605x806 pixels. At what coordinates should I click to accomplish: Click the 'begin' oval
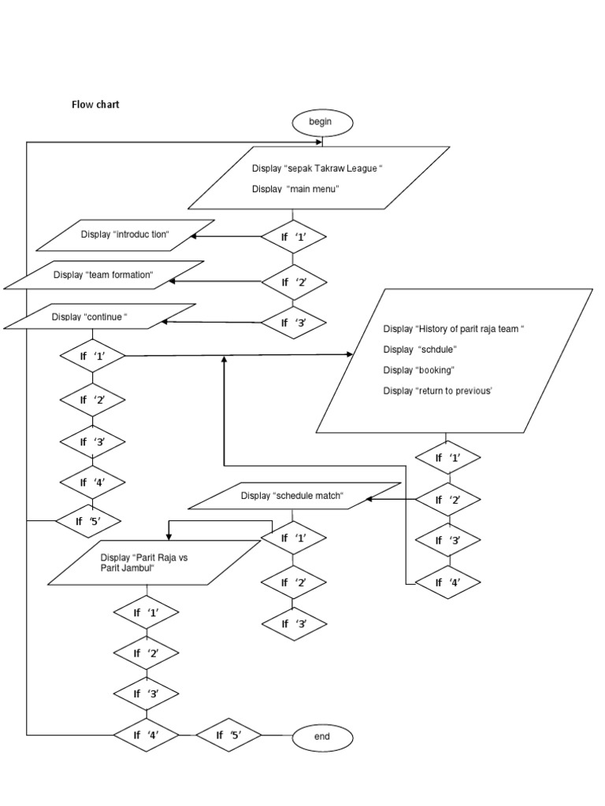tap(322, 122)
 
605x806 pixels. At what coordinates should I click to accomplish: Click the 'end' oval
tap(322, 737)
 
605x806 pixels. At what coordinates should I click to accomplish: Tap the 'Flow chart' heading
tap(95, 104)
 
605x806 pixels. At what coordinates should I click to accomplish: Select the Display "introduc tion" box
tap(125, 235)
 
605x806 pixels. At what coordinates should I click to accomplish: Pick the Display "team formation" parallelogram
tap(103, 275)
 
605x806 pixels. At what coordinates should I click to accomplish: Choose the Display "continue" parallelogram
tap(99, 317)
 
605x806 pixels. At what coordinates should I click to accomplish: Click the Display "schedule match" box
tap(293, 496)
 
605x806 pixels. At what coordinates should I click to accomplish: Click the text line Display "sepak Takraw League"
tap(317, 168)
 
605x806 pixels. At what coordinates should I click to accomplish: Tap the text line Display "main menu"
tap(295, 189)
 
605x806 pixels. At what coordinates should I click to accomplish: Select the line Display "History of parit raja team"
tap(454, 328)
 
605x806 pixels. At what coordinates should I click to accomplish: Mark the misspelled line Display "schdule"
tap(420, 349)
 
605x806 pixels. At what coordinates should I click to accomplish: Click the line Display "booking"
tap(419, 370)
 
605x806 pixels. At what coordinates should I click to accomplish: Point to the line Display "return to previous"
tap(437, 390)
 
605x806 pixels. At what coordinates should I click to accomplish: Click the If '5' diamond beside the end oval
tap(228, 735)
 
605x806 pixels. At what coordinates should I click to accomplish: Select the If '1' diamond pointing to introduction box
tap(293, 237)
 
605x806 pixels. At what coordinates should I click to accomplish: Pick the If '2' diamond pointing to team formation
tap(293, 280)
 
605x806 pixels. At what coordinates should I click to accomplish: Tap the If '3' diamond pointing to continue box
tap(293, 322)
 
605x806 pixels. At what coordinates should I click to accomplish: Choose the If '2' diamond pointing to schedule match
tap(447, 499)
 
